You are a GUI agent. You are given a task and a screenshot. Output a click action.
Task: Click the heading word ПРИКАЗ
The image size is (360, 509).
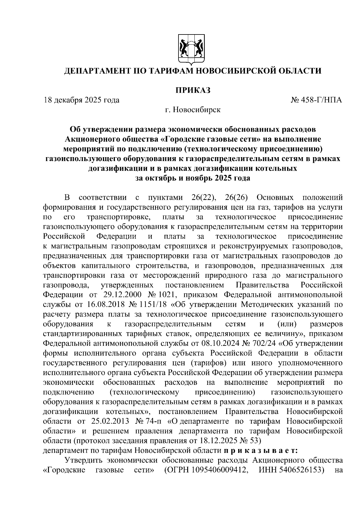[193, 90]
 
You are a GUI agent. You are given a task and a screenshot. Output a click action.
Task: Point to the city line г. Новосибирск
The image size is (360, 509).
[193, 110]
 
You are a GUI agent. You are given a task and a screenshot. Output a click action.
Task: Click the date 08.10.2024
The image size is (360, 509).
[230, 344]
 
